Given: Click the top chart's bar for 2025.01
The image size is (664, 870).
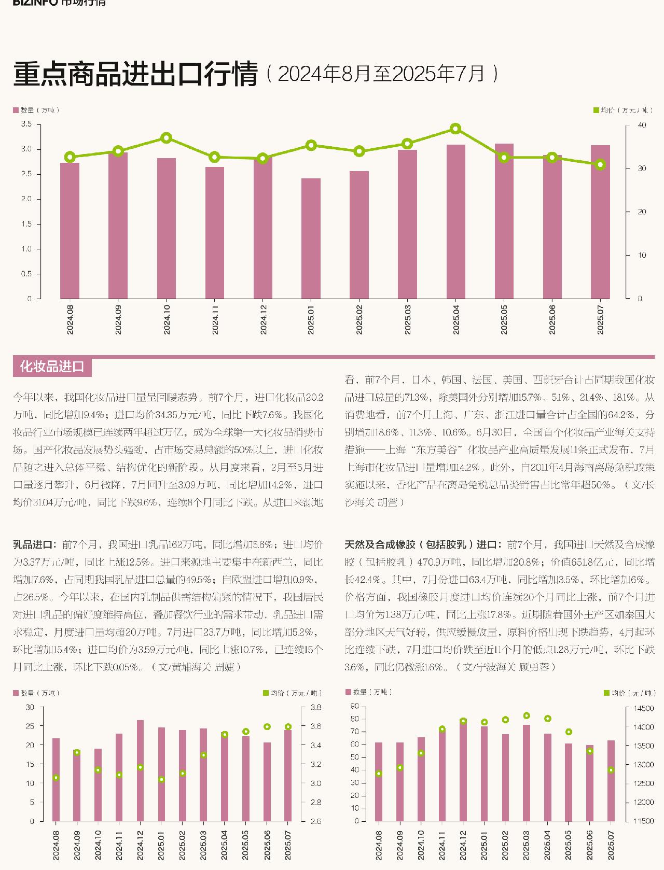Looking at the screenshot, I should [x=311, y=238].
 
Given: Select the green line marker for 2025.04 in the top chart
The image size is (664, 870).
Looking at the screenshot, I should [x=455, y=129].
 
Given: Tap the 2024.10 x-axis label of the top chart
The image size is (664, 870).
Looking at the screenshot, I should [x=167, y=319].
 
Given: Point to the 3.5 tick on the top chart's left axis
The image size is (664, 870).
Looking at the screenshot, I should [x=26, y=124].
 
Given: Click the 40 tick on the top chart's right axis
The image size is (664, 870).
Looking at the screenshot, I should [x=642, y=125].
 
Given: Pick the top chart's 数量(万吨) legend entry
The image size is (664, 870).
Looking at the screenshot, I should [x=37, y=110].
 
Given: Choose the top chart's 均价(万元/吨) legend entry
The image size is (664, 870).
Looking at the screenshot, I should [x=622, y=110].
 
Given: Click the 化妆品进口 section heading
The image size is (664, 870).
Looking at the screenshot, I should [x=52, y=367].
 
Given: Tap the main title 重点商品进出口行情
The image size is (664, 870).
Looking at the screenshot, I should [x=135, y=74].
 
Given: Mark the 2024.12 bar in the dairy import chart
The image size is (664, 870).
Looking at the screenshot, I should [x=140, y=770].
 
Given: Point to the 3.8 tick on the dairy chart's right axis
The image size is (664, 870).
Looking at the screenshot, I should [x=315, y=707].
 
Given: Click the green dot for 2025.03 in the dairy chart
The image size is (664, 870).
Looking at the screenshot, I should [x=203, y=755].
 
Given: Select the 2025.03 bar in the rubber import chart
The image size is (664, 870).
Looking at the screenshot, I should [x=527, y=773].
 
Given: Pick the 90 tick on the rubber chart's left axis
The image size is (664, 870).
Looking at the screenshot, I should [x=355, y=706].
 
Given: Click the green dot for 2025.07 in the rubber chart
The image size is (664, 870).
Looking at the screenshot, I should [x=611, y=770].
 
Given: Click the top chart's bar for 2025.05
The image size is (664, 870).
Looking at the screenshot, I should [x=504, y=221].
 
